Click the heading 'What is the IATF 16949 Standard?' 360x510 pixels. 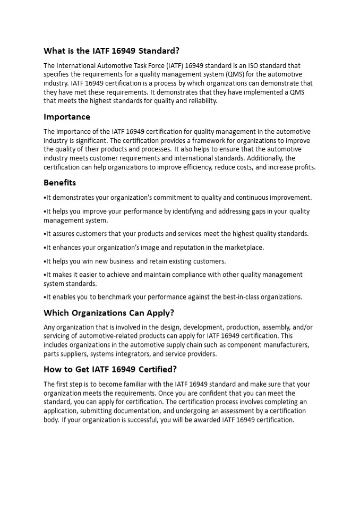[112, 51]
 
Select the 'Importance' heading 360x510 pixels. [67, 117]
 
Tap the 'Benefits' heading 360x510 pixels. [59, 183]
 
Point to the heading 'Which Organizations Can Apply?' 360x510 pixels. [109, 312]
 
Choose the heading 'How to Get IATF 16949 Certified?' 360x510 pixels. [110, 369]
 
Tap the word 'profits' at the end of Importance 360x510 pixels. [304, 167]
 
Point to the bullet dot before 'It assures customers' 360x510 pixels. [45, 234]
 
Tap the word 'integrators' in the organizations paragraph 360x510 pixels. [130, 354]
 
